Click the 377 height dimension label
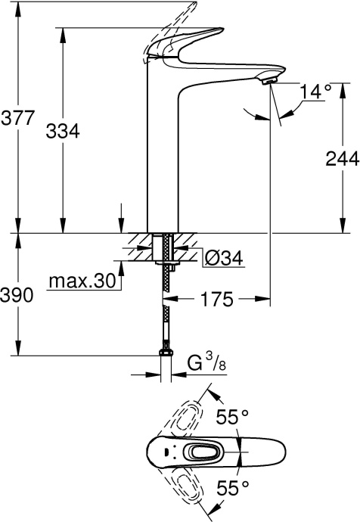tap(17, 120)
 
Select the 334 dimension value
tap(62, 130)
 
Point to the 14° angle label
tap(317, 92)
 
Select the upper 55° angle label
tap(232, 418)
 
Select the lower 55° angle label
tap(232, 489)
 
